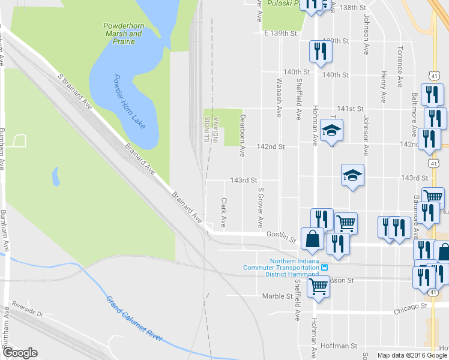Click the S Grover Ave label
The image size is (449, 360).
coord(260,208)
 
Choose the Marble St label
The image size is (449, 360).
coord(277,296)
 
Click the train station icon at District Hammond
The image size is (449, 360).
coord(324,267)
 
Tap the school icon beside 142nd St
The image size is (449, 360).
coord(331,131)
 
